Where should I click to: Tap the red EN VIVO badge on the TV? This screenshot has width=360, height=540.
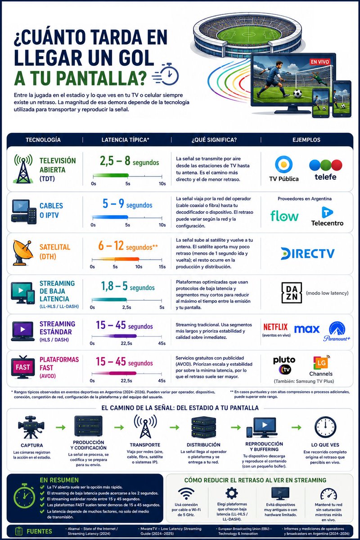point(319,62)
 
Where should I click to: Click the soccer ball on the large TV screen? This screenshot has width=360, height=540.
point(298,93)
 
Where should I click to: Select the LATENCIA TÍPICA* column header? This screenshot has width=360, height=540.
point(126,140)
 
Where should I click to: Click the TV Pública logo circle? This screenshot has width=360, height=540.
point(284,164)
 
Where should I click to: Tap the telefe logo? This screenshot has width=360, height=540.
point(325,170)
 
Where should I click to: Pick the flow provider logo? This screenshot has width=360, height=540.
point(284,216)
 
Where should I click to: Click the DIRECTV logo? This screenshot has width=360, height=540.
point(308,254)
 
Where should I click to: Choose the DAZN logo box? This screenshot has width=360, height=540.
point(292,293)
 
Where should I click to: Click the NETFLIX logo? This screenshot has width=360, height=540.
point(275,327)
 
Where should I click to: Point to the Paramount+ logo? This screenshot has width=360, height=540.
point(337,331)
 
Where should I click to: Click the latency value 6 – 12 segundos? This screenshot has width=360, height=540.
point(128,246)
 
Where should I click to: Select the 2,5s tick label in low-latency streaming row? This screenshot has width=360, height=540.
point(126,307)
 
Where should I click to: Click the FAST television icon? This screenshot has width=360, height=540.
point(22,367)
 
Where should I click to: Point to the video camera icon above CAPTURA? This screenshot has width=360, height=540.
point(31,427)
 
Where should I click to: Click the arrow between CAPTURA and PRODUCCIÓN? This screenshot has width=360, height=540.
point(60,427)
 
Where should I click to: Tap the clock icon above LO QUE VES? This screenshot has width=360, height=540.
point(325,427)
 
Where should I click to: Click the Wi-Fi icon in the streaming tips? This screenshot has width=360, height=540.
point(186,493)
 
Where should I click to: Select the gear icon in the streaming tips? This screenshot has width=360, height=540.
point(231,493)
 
